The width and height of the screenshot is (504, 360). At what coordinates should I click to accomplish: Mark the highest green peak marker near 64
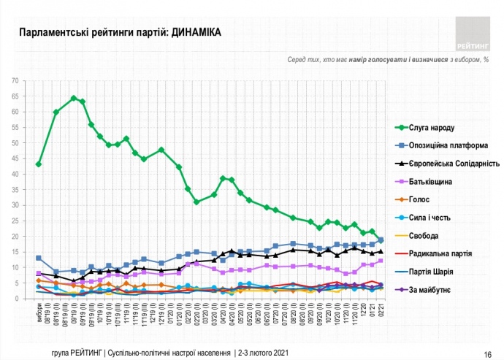point(74,98)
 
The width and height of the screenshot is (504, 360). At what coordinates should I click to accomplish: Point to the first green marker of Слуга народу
point(39,164)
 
